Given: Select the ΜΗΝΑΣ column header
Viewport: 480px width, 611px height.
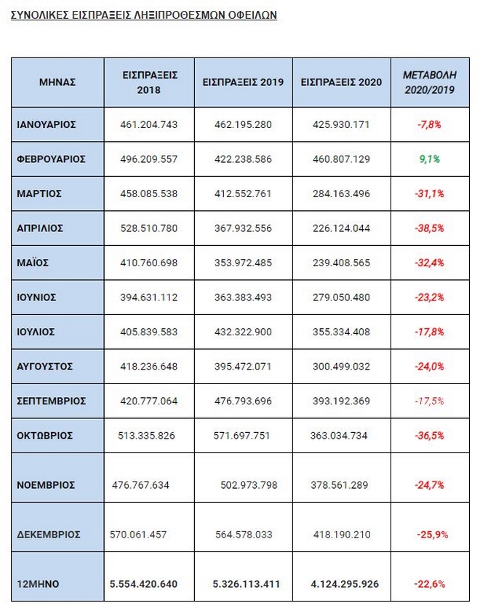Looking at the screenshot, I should pyautogui.click(x=57, y=82).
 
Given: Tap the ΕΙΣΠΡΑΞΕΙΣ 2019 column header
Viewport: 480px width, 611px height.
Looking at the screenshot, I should pyautogui.click(x=243, y=82).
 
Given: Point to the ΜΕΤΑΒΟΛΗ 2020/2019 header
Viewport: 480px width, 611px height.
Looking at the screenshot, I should pyautogui.click(x=429, y=82).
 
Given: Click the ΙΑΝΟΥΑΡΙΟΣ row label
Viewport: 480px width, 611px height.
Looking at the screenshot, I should pyautogui.click(x=47, y=124).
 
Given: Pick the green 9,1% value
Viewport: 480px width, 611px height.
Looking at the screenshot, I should pyautogui.click(x=429, y=159).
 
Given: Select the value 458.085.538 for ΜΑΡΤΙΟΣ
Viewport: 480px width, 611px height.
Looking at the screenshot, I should pyautogui.click(x=148, y=193).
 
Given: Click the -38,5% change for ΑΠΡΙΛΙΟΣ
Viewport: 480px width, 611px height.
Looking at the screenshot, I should pyautogui.click(x=429, y=228).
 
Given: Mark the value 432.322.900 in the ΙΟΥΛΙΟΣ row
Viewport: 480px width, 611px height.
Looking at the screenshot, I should pyautogui.click(x=243, y=332).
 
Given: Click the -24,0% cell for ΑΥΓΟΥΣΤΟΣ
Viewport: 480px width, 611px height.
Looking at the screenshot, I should pyautogui.click(x=429, y=366).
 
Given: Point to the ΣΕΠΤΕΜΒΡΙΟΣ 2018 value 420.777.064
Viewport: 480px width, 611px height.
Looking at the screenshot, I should pyautogui.click(x=148, y=401).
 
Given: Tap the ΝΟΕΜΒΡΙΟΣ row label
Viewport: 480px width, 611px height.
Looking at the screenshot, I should pyautogui.click(x=45, y=484).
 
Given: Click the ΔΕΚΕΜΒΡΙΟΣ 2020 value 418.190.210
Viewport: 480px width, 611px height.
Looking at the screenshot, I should pyautogui.click(x=340, y=534).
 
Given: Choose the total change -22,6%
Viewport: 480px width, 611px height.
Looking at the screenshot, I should pyautogui.click(x=429, y=583).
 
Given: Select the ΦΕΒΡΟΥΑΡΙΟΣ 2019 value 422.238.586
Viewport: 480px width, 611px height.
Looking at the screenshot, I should pyautogui.click(x=243, y=159).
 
